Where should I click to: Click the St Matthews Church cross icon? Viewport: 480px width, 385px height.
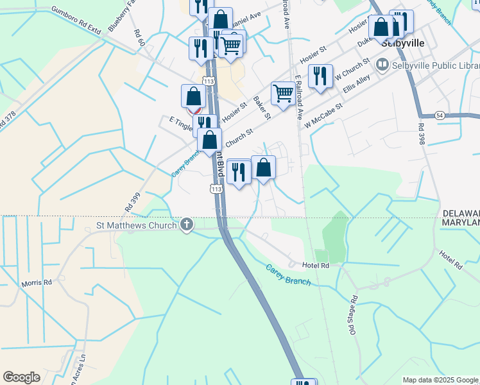[x=187, y=225]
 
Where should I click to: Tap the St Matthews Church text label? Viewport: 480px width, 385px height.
[x=136, y=225]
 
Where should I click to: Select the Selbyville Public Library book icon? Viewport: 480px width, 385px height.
[x=382, y=65]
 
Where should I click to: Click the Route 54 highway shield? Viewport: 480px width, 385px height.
[x=440, y=115]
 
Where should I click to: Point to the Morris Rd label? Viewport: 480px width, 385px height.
[x=37, y=282]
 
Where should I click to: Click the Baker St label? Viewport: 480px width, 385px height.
[x=262, y=107]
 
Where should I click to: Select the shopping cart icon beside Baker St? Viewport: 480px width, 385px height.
[x=283, y=93]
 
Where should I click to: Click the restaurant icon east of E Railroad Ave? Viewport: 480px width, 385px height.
[x=320, y=76]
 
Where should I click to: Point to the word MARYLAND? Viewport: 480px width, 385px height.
[x=460, y=222]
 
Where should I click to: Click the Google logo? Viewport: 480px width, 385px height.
[x=21, y=377]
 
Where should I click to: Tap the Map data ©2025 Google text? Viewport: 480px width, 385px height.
[x=440, y=380]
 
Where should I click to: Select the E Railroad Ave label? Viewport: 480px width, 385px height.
[x=299, y=98]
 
